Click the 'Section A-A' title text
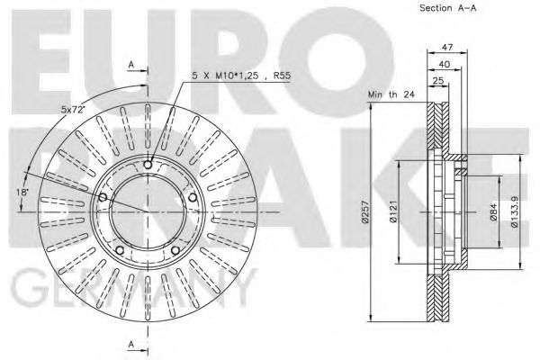447,8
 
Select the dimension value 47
447,47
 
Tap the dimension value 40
445,64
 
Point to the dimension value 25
437,81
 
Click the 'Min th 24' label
391,94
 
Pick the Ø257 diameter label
365,211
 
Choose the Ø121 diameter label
393,211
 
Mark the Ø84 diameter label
493,212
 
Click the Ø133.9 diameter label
514,212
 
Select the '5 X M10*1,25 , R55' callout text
241,76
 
